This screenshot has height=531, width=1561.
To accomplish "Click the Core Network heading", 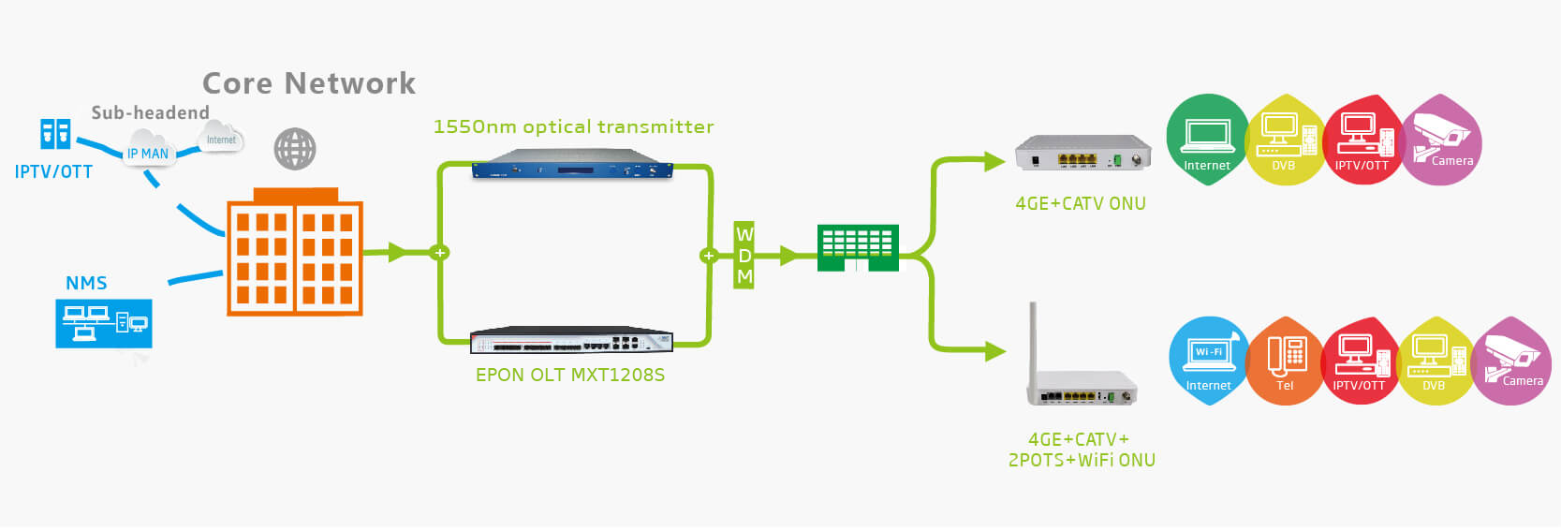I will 309,83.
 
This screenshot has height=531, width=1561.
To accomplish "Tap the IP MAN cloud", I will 148,152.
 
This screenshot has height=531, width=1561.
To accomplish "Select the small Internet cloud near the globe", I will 221,139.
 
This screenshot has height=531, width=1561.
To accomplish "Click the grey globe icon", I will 295,149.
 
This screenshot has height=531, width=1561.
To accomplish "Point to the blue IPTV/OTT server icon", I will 55,134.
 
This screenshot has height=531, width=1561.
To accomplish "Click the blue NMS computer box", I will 103,323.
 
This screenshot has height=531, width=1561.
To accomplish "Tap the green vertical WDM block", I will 744,255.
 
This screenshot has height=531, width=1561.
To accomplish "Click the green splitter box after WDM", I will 858,247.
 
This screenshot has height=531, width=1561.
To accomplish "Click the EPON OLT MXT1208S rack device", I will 571,341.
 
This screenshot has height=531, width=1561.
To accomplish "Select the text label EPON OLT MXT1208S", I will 570,375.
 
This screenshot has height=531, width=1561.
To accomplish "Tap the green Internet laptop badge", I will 1207,139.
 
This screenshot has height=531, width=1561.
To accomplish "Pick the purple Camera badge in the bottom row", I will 1511,361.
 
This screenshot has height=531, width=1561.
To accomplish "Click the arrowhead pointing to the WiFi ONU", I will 995,351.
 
